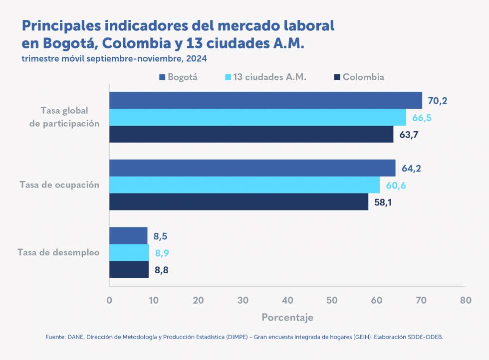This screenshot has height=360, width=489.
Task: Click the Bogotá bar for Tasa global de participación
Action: (x=265, y=100)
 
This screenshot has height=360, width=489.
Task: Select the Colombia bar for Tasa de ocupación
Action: (x=239, y=202)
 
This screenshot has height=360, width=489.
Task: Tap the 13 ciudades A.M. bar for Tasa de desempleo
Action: (x=129, y=253)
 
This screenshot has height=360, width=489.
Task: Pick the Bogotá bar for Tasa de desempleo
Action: (x=128, y=236)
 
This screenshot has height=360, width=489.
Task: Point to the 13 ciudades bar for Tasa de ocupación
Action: (x=244, y=185)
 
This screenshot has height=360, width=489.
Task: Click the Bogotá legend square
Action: (x=162, y=77)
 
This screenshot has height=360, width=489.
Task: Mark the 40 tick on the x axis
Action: (x=287, y=300)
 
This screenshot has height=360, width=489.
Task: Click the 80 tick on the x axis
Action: (x=466, y=300)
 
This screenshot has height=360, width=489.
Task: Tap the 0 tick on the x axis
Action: (x=109, y=300)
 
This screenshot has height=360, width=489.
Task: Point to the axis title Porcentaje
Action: (x=287, y=318)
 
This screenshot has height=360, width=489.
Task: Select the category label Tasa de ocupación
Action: (x=59, y=185)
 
